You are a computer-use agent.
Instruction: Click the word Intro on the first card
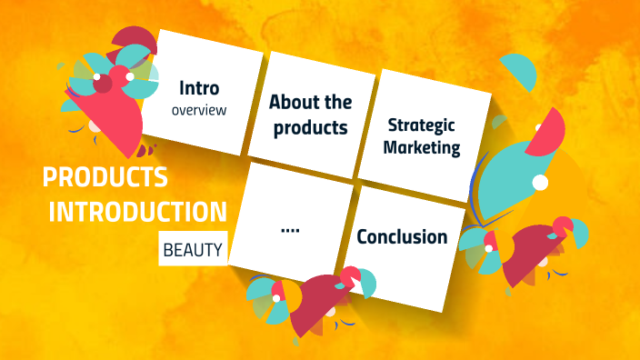point(199,89)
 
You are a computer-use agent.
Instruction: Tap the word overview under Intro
point(198,110)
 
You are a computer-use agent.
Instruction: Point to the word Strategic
point(421,125)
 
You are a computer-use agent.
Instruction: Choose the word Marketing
point(422,147)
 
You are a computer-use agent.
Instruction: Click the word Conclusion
point(402,237)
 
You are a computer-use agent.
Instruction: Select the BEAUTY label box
point(192,248)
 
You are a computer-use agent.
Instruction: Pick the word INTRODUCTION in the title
point(137,212)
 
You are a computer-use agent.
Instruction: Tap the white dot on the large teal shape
point(540,184)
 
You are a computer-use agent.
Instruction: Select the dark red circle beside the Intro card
point(104,85)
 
